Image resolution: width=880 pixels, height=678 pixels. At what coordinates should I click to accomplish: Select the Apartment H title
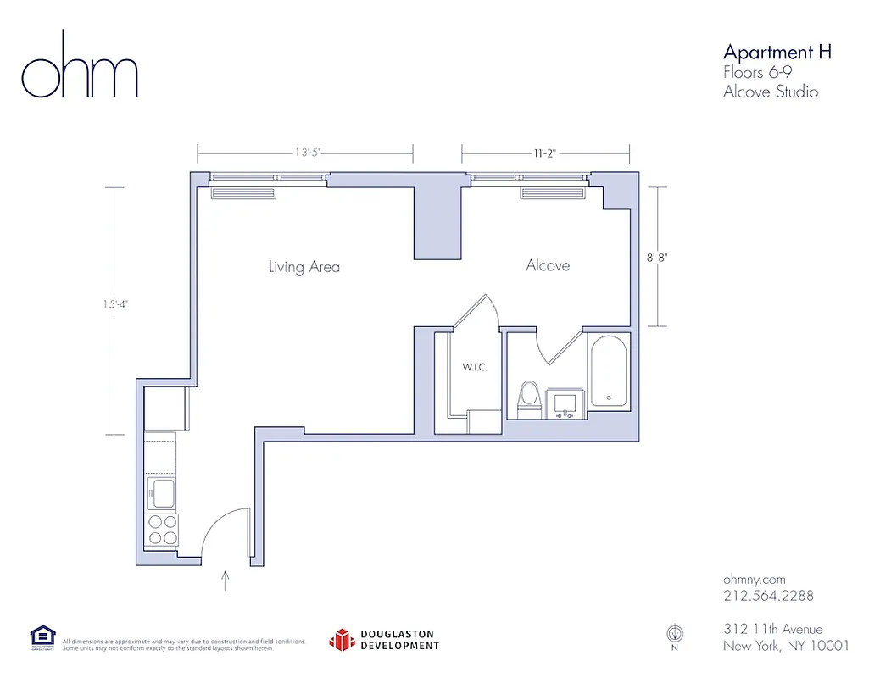tap(777, 52)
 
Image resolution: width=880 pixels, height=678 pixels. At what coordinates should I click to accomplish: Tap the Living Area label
tap(304, 267)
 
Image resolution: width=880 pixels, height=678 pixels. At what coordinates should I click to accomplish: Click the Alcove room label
tap(548, 265)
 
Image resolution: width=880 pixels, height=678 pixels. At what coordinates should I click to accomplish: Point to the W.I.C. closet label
tap(474, 368)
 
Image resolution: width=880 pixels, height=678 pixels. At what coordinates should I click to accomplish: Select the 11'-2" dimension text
tap(546, 153)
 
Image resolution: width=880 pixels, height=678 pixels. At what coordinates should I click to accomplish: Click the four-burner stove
tap(162, 529)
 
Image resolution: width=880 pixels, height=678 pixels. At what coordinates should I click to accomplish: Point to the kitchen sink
tap(160, 492)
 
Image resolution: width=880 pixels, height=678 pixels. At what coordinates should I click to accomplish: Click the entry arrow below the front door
tap(226, 580)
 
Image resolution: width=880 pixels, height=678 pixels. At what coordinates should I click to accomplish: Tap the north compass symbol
tap(674, 633)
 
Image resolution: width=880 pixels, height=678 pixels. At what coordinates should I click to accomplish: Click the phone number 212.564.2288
tap(768, 596)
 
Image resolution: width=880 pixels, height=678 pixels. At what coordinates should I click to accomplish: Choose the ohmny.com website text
tap(755, 577)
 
